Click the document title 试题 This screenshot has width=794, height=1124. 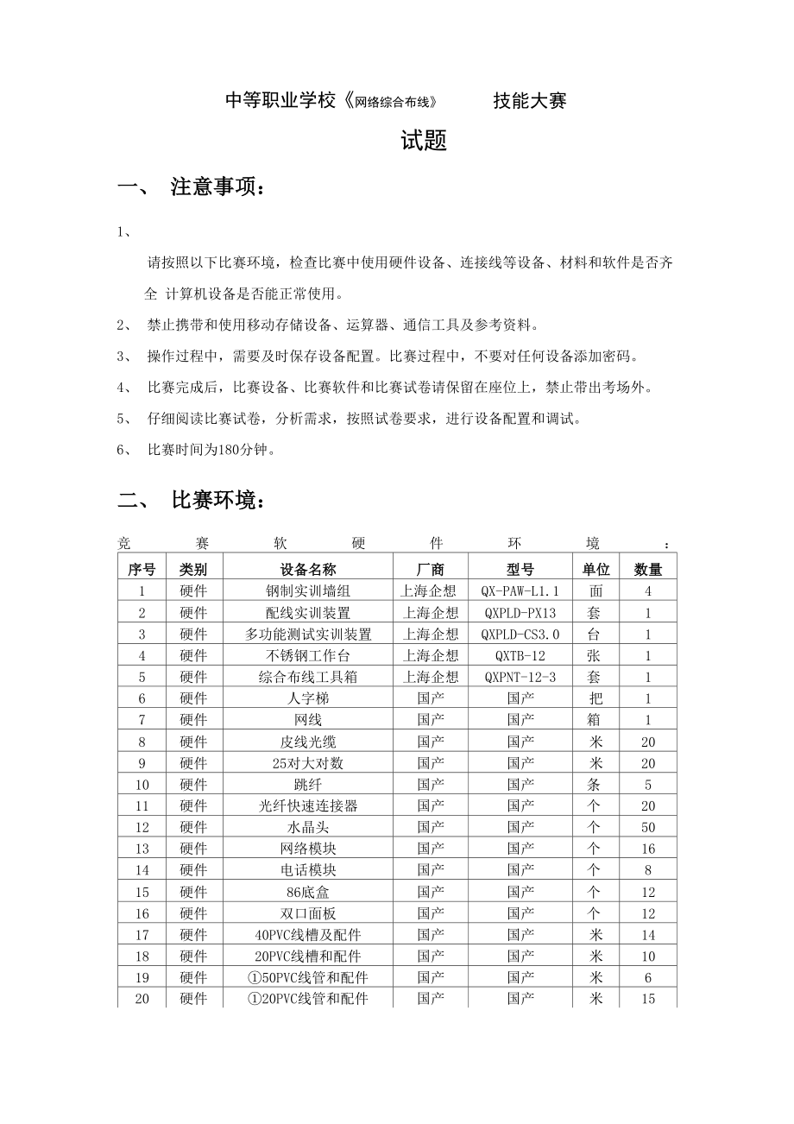(x=423, y=142)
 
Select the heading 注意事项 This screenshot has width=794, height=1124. (x=217, y=187)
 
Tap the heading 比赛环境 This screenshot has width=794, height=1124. (x=217, y=501)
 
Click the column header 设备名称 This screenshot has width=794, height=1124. (x=308, y=570)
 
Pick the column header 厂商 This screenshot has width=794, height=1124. (x=431, y=570)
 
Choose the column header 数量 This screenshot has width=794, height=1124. (x=648, y=570)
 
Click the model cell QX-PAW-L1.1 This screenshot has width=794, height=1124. (x=520, y=591)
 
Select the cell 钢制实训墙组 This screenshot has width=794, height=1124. (x=308, y=591)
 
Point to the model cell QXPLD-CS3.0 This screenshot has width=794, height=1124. (x=520, y=635)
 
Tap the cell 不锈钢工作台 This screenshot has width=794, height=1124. (x=308, y=656)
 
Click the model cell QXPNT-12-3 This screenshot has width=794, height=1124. (x=520, y=678)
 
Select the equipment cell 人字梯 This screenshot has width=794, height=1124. (x=308, y=698)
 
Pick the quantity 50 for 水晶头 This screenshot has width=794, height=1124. (x=648, y=828)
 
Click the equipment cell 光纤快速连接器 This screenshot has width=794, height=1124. (x=308, y=806)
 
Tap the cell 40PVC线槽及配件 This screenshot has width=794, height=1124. (x=308, y=935)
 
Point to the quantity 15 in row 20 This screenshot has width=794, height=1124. (x=648, y=1000)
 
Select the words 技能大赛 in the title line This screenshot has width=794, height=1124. (x=530, y=101)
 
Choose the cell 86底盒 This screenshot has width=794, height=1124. (x=308, y=893)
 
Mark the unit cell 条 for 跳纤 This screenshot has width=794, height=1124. (x=595, y=785)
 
